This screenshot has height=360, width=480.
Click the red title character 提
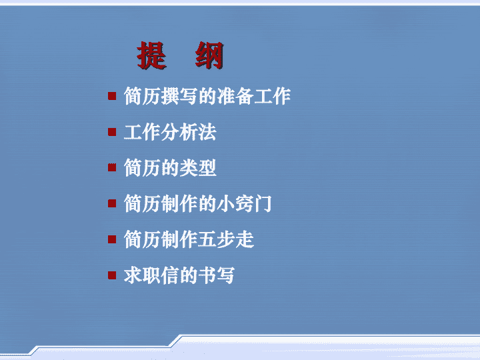(x=152, y=55)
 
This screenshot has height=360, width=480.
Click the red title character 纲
(x=210, y=55)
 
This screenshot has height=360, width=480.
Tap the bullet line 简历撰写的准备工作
(x=207, y=96)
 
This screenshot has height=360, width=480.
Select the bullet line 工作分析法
(x=170, y=132)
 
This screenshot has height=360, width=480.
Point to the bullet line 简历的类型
(x=170, y=168)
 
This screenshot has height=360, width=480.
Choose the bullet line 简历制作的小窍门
(x=198, y=203)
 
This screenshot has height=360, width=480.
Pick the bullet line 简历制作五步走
(x=189, y=239)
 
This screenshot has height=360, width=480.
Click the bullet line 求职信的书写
(x=179, y=275)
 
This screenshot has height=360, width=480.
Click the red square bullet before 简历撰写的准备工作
(x=112, y=96)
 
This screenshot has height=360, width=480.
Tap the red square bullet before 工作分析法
(x=112, y=132)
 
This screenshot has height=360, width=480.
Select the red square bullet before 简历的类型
(x=112, y=167)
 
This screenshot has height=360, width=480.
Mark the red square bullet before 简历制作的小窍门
(x=112, y=203)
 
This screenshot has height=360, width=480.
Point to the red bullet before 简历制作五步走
(x=112, y=239)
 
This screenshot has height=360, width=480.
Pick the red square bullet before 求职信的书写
(x=112, y=275)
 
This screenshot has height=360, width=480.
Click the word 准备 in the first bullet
(x=235, y=96)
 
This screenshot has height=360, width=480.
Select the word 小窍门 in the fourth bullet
(x=244, y=203)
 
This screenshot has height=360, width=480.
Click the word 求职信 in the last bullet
(x=151, y=275)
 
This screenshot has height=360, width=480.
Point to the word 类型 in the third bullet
(x=198, y=168)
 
